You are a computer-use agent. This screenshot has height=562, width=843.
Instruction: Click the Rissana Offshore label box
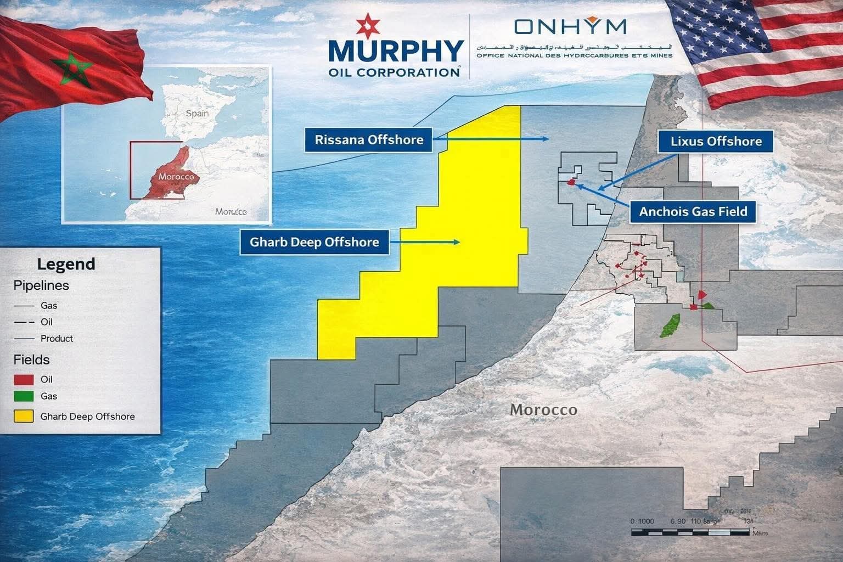click(369, 139)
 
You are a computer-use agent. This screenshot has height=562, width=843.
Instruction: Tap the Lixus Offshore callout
click(716, 142)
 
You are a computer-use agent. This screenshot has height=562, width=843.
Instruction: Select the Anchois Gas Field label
click(693, 211)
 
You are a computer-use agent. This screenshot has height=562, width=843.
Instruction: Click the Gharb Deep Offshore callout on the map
click(314, 242)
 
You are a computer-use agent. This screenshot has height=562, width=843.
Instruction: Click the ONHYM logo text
click(570, 26)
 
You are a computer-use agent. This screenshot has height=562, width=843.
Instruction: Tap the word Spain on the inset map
click(197, 113)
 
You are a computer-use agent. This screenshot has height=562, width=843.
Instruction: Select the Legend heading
click(66, 264)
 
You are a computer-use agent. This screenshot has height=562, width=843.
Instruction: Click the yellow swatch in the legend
click(24, 416)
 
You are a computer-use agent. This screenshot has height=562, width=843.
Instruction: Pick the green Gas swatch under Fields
click(24, 396)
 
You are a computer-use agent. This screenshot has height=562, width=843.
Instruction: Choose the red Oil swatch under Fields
click(24, 379)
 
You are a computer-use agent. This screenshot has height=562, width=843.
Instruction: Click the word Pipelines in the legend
click(41, 285)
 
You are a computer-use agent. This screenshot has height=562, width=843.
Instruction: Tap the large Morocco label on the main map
click(543, 409)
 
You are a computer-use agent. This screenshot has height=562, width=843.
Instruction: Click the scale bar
click(692, 532)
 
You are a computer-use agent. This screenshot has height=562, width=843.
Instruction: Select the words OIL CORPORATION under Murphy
click(394, 72)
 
